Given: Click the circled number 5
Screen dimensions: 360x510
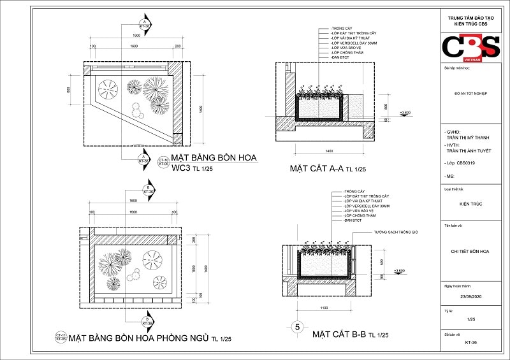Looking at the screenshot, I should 296,327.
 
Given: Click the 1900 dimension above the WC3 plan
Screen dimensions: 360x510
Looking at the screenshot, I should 136,35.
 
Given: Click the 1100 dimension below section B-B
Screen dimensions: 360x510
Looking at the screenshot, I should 324,308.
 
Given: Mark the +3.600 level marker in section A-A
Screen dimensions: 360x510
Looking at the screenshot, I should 404,112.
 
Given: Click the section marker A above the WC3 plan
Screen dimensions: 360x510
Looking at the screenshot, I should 146,24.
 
